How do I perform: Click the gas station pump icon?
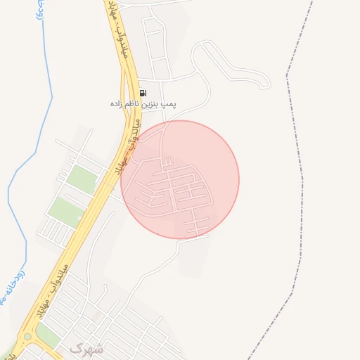143,93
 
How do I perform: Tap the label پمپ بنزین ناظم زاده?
143,103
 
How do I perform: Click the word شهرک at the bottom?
86,348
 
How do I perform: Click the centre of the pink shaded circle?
180,179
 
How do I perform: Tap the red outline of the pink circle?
239,179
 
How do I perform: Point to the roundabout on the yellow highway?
27,337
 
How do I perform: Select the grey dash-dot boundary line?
302,211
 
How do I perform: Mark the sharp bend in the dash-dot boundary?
287,75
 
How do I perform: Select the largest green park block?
65,210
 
